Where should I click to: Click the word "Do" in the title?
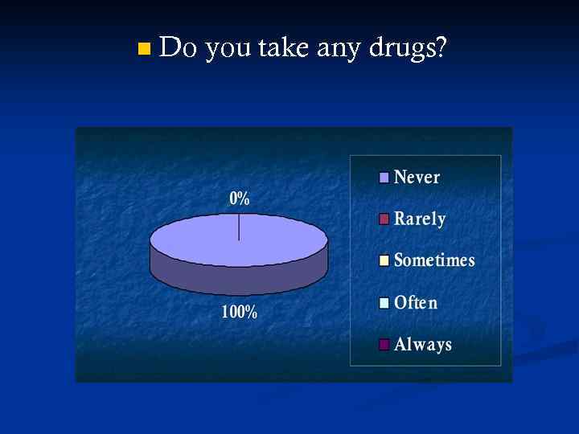tap(178, 49)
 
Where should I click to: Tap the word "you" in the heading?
tap(228, 51)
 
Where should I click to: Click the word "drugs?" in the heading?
tap(408, 51)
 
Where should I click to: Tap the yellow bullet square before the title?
tap(143, 51)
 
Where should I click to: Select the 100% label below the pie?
tap(240, 313)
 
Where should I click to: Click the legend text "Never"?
tap(417, 177)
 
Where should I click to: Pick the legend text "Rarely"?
tap(419, 219)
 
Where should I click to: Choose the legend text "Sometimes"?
tap(434, 260)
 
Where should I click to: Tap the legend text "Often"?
tap(416, 303)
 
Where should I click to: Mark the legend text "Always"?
tap(422, 345)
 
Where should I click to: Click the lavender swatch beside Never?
tap(384, 178)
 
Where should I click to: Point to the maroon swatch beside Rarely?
tap(384, 219)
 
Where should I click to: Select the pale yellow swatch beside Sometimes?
tap(384, 260)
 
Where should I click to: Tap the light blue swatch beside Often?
tap(384, 303)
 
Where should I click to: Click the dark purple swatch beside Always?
tap(384, 345)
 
